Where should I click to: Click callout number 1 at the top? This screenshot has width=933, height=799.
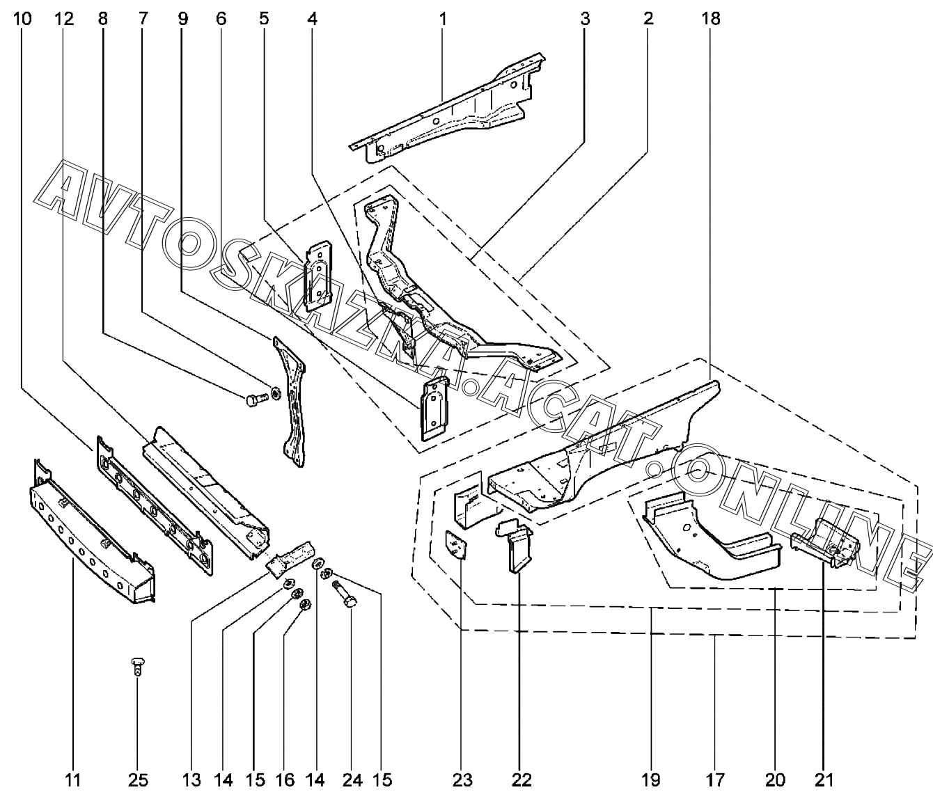coord(443,19)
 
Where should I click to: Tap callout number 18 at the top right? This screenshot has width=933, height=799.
coord(711,19)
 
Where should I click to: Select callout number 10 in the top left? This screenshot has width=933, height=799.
coord(22,19)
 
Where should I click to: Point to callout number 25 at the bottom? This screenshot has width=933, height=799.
coord(138,780)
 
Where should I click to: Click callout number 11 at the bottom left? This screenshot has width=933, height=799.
coord(73,780)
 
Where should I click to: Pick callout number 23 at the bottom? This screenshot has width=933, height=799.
coord(464,780)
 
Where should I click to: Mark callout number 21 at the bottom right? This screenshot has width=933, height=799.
coord(824,780)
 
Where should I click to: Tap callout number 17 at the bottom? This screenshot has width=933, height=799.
coord(716,780)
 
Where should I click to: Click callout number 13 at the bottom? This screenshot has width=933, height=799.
coord(191,780)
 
